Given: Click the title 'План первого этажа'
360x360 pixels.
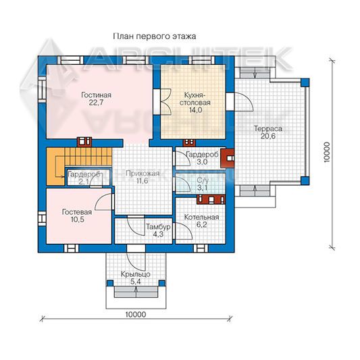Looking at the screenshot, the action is pyautogui.click(x=155, y=36).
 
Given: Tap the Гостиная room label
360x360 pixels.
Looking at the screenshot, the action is pyautogui.click(x=96, y=95).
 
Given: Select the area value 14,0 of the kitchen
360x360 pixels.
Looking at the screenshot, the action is pyautogui.click(x=196, y=110).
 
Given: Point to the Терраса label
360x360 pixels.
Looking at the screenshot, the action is pyautogui.click(x=268, y=128).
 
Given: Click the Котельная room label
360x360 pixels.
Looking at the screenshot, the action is pyautogui.click(x=201, y=217).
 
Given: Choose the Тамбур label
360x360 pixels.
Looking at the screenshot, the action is pyautogui.click(x=159, y=227).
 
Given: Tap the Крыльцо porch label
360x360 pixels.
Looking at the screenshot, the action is pyautogui.click(x=136, y=274).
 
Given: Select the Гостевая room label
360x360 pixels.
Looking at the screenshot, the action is pyautogui.click(x=77, y=212).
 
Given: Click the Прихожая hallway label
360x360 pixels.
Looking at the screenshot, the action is pyautogui.click(x=143, y=174).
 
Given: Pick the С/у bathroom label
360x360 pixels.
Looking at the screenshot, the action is pyautogui.click(x=203, y=180).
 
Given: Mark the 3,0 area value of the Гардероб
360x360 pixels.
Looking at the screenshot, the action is pyautogui.click(x=202, y=162).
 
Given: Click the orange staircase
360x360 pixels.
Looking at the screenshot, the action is pyautogui.click(x=79, y=166).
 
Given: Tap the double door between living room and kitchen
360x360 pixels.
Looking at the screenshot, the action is pyautogui.click(x=165, y=101).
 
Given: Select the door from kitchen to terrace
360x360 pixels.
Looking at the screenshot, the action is pyautogui.click(x=243, y=102).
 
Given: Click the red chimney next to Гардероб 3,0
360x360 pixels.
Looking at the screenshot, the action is pyautogui.click(x=228, y=158).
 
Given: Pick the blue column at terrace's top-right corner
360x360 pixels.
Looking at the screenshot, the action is pyautogui.click(x=305, y=82).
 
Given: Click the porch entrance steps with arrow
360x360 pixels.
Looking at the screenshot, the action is pyautogui.click(x=136, y=292).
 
